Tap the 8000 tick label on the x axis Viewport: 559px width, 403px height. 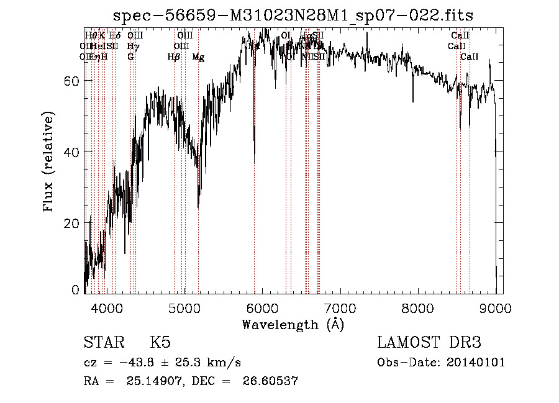click(x=417, y=307)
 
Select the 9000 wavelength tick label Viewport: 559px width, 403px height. click(x=495, y=307)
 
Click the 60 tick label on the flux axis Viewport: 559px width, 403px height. click(x=72, y=81)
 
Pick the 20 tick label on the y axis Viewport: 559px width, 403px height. click(x=72, y=223)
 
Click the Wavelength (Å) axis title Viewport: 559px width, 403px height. click(x=293, y=324)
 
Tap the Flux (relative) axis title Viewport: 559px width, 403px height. click(x=48, y=161)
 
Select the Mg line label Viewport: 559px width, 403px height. click(x=198, y=57)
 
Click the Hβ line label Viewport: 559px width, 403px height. click(x=174, y=57)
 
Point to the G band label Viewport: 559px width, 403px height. click(x=130, y=57)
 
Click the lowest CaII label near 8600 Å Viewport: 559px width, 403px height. click(x=470, y=57)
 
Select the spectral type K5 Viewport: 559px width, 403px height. click(x=160, y=343)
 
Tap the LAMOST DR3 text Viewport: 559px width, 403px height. click(x=429, y=343)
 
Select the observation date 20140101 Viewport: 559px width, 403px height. click(x=476, y=363)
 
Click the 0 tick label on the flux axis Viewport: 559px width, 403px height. click(x=76, y=290)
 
